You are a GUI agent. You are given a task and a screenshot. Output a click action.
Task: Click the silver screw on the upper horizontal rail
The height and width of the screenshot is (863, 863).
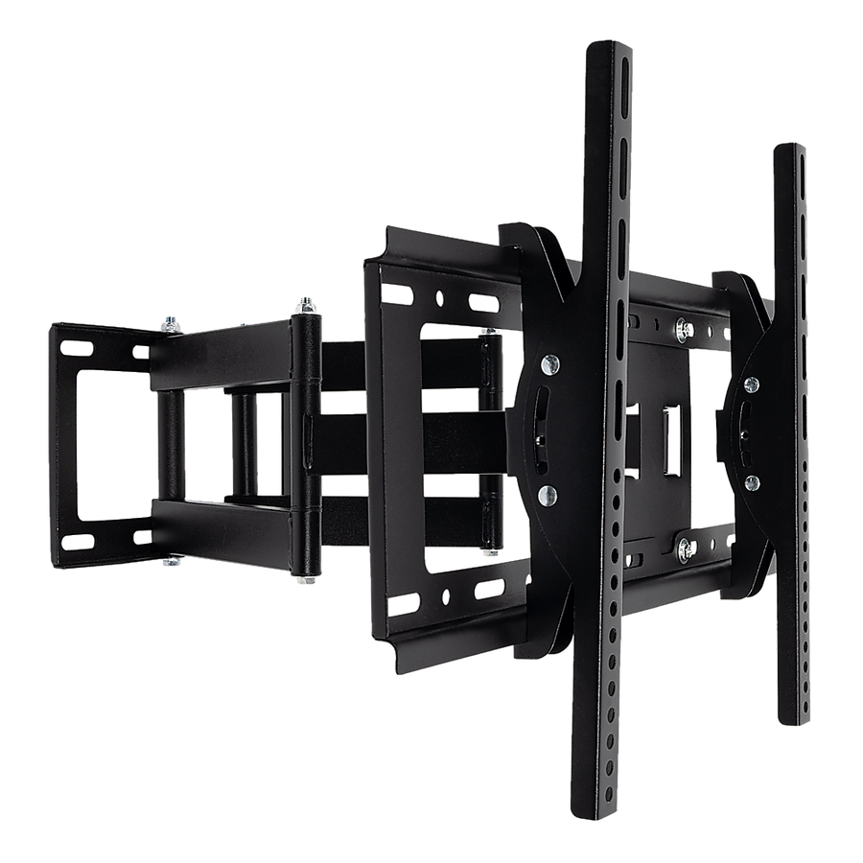pos(682,329)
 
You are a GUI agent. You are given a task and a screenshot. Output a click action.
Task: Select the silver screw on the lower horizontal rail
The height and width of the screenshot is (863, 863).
pos(686,548)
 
